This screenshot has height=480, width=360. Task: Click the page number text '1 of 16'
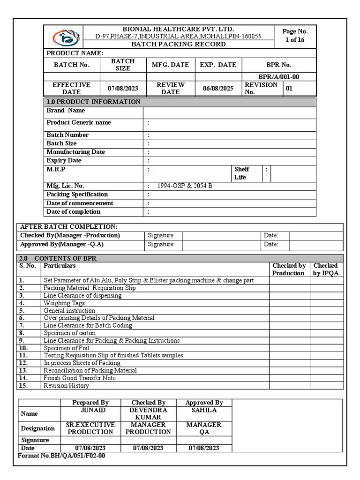(x=295, y=40)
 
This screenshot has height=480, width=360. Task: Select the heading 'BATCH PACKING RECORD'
(x=178, y=44)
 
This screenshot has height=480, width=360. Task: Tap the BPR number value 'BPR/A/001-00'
(x=278, y=77)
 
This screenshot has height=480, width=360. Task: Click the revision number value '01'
(x=289, y=88)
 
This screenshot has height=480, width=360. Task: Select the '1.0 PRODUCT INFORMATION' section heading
(x=93, y=102)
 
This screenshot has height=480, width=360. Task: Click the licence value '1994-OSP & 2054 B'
(x=185, y=186)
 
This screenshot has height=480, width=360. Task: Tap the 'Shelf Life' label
(x=242, y=173)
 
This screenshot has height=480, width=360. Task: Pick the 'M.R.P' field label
(x=56, y=169)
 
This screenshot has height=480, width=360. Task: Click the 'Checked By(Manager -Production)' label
(x=70, y=235)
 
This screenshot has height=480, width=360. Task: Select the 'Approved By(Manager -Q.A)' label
(x=62, y=244)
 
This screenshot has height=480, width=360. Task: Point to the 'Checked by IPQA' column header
(x=325, y=269)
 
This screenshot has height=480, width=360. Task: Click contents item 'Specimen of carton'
(x=69, y=333)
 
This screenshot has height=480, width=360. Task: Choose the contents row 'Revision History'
(x=66, y=385)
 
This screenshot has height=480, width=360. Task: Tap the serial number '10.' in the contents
(x=23, y=348)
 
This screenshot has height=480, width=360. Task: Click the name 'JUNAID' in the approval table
(x=90, y=410)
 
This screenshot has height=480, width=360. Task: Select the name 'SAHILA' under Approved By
(x=204, y=410)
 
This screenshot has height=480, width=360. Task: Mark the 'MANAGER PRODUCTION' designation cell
(x=148, y=428)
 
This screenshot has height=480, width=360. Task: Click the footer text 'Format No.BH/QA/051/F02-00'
(x=61, y=456)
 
